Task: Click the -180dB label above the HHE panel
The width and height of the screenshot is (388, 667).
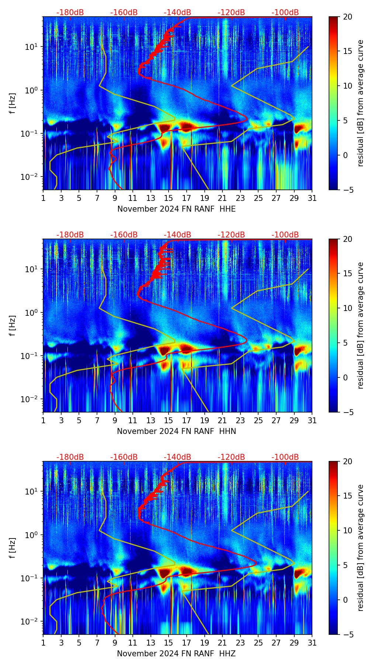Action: click(70, 13)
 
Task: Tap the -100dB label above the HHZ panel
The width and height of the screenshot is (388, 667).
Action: click(285, 457)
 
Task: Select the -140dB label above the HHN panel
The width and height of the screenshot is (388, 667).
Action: click(177, 235)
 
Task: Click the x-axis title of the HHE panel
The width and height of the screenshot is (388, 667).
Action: click(176, 209)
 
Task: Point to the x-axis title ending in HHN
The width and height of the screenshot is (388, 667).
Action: click(176, 431)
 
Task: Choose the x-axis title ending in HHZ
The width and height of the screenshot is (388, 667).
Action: click(176, 654)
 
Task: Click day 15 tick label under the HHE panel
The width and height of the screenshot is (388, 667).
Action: click(169, 198)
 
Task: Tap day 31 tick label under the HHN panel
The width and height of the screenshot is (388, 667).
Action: click(312, 420)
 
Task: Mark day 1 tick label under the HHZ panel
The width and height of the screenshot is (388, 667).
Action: click(43, 643)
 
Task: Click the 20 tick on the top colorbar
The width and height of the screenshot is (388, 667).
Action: click(347, 17)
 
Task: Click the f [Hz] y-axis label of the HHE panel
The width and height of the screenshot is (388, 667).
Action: click(13, 103)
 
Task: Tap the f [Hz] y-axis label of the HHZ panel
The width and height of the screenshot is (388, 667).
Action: click(13, 548)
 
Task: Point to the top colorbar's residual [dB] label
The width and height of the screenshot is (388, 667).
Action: click(360, 103)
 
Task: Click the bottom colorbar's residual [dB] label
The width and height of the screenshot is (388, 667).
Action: click(360, 548)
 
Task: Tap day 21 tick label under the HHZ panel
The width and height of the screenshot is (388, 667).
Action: click(222, 643)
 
